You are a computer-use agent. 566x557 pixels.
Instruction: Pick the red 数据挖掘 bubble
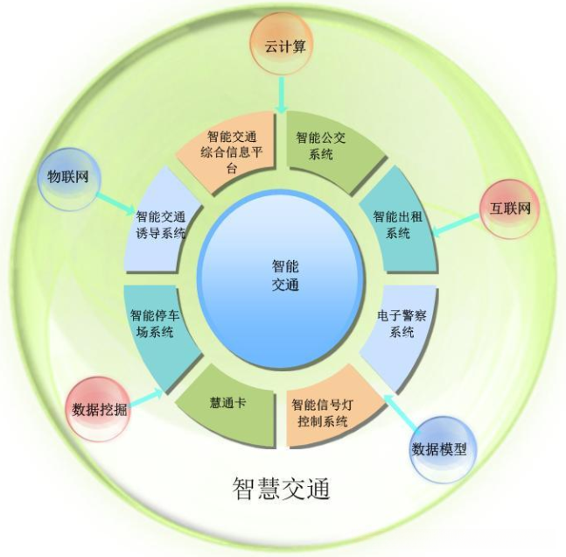[98, 407]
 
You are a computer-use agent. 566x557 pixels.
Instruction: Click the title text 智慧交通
[282, 487]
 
